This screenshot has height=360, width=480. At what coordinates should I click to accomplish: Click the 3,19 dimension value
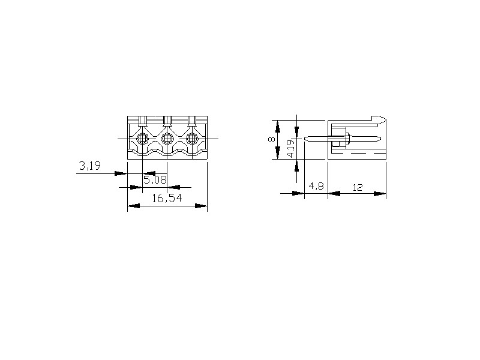[89, 166]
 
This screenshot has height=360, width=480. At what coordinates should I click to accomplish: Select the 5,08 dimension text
[155, 179]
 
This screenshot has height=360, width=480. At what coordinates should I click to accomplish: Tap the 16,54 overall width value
[167, 199]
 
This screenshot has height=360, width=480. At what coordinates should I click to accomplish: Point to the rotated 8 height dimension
[271, 140]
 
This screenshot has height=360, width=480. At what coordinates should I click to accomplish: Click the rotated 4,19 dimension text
[292, 148]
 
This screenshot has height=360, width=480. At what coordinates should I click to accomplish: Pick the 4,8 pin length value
[316, 186]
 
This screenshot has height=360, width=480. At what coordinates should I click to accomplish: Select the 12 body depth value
[357, 187]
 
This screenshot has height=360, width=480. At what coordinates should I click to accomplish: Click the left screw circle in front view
[142, 139]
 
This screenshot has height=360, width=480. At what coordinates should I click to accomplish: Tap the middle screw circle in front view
[167, 139]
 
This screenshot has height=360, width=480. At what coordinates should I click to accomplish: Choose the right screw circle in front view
[192, 139]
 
